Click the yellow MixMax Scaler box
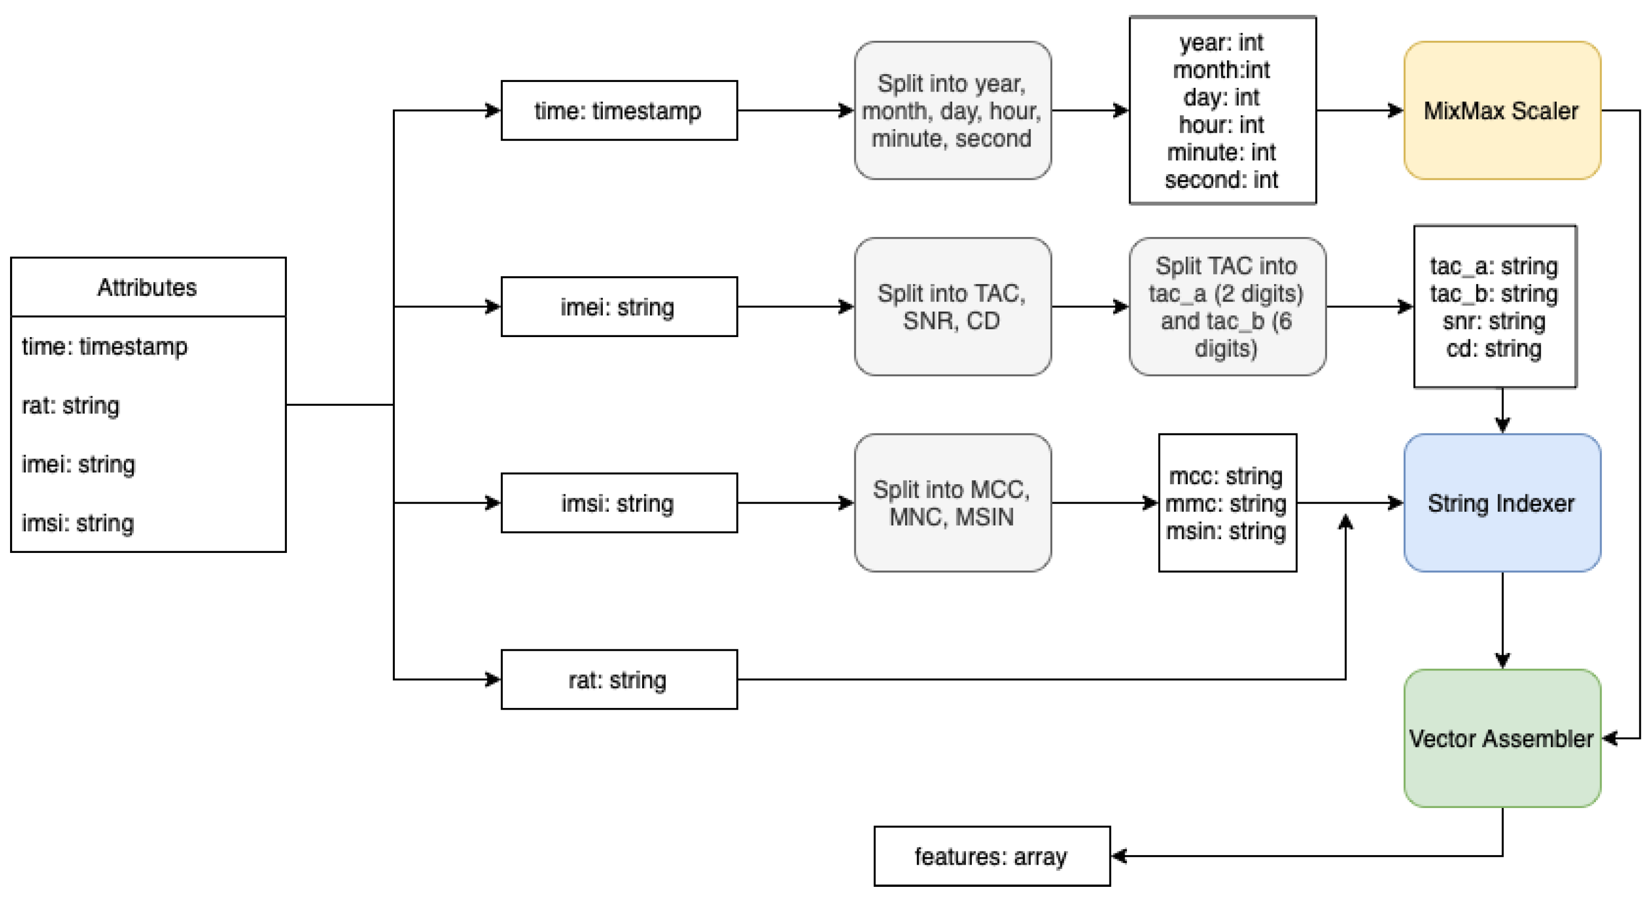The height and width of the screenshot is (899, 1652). [x=1501, y=110]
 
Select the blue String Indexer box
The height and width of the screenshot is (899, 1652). [x=1501, y=503]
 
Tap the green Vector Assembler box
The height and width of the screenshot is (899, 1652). [x=1501, y=738]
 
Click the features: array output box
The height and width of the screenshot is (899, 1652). [x=991, y=856]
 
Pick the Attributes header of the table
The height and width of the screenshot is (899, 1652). [x=148, y=287]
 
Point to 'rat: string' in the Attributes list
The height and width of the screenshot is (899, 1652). [x=70, y=405]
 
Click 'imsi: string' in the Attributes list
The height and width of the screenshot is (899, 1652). [x=78, y=523]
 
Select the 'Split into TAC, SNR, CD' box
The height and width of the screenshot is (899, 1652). [x=952, y=306]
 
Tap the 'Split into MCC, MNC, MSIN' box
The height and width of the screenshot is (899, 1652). [x=952, y=503]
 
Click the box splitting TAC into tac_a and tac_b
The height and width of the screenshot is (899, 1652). [x=1226, y=306]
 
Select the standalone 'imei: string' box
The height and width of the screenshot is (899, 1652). [x=618, y=306]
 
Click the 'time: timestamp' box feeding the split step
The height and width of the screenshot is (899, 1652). [x=618, y=110]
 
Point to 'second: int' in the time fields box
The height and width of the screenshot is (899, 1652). [x=1221, y=179]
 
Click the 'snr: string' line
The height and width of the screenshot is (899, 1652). [x=1494, y=321]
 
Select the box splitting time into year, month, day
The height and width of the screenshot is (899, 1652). [x=952, y=110]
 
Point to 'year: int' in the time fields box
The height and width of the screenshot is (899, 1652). [x=1221, y=42]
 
